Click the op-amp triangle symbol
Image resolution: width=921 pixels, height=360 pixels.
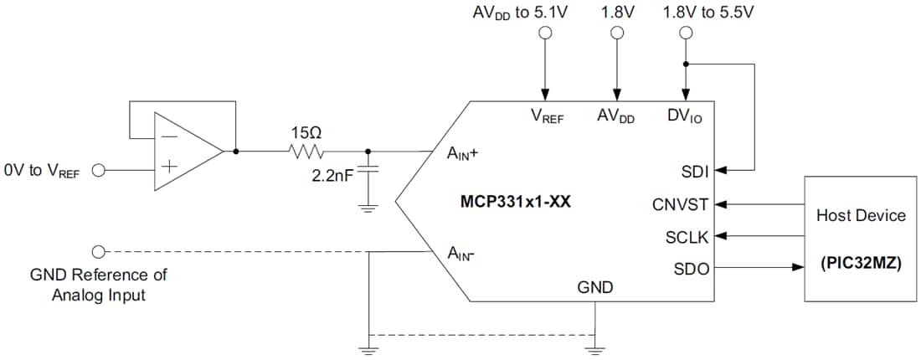tap(186, 152)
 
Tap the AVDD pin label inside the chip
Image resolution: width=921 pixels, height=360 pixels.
tap(615, 117)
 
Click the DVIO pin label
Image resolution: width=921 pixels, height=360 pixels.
tap(685, 117)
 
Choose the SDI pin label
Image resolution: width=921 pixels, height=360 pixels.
tap(694, 172)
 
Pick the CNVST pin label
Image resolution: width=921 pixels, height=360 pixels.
tap(679, 204)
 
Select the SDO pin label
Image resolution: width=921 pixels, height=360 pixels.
tap(690, 269)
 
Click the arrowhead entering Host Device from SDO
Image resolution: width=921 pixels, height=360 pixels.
tap(797, 269)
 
